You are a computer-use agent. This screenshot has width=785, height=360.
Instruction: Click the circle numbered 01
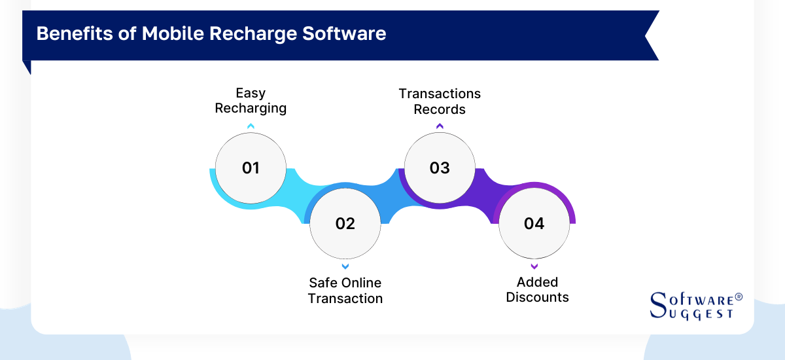[x=251, y=168]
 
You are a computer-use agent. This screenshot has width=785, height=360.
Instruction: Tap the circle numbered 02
[x=345, y=224]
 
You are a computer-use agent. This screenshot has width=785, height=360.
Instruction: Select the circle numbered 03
[x=440, y=168]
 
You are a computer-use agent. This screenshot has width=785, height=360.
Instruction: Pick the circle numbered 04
[x=534, y=224]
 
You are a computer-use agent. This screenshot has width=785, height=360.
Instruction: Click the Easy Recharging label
[x=251, y=101]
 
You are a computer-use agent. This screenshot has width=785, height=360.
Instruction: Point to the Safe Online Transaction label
[x=345, y=291]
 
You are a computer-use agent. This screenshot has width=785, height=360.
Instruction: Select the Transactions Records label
[x=440, y=101]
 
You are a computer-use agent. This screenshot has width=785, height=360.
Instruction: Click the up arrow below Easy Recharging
[x=251, y=126]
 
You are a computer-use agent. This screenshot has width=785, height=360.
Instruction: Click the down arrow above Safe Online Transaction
[x=345, y=266]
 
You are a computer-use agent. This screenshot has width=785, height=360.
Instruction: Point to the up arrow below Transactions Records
[x=440, y=126]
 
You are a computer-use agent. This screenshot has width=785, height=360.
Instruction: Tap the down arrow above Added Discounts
[x=534, y=266]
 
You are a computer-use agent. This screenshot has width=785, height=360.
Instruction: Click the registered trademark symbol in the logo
[x=739, y=297]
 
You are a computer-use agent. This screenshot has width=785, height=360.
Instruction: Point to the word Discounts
[x=537, y=298]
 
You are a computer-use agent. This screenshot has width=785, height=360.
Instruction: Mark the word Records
[x=440, y=109]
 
